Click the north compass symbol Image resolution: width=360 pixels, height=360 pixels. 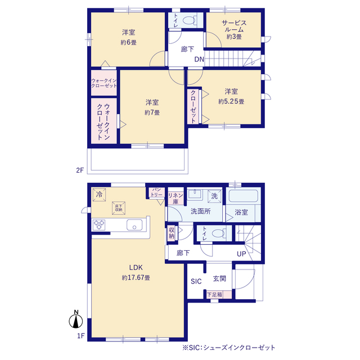[x=76, y=319]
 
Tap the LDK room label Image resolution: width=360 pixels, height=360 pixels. [x=136, y=268]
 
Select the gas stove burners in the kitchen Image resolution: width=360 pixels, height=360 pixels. [x=99, y=225]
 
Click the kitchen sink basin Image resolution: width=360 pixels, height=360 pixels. [x=134, y=225]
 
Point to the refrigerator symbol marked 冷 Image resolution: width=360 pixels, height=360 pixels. [x=99, y=195]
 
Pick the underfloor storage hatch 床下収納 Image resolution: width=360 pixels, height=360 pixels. [x=119, y=208]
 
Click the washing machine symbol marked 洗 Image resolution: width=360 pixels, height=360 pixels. [x=214, y=196]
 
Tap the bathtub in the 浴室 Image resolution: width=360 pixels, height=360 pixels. [x=243, y=196]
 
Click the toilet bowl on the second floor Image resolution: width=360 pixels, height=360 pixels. [x=190, y=20]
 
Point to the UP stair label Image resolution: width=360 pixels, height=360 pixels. [x=241, y=254]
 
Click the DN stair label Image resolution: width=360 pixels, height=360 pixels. [x=199, y=60]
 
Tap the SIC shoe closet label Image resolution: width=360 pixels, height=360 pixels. [x=196, y=281]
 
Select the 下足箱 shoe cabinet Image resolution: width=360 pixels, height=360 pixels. [x=219, y=295]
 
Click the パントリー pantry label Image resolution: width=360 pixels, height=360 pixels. [x=156, y=192]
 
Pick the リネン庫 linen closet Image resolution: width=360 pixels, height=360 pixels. [x=175, y=199]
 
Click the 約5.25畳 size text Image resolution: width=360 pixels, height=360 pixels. [x=231, y=101]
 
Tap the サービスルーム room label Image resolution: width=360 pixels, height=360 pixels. [x=234, y=26]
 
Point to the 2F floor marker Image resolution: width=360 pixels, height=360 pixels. [x=80, y=170]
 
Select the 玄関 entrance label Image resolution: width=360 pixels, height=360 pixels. [x=219, y=279]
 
